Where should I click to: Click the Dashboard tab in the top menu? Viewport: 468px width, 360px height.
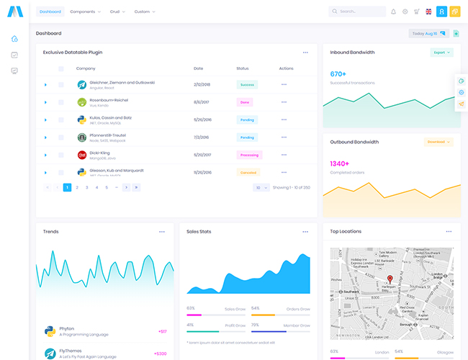point(50,12)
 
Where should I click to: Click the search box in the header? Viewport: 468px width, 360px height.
point(357,12)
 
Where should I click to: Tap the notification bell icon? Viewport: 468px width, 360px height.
point(393,12)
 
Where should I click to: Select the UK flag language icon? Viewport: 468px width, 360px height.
point(429,12)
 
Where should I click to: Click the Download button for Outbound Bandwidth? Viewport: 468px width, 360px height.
point(438,142)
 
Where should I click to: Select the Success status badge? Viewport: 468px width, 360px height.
point(247,84)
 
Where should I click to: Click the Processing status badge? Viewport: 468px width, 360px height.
point(249,155)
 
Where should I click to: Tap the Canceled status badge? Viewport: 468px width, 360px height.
point(248,172)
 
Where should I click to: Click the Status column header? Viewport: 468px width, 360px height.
point(242,68)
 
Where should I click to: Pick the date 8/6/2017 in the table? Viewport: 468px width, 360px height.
point(202,102)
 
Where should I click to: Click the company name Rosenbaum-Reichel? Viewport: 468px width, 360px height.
point(109,100)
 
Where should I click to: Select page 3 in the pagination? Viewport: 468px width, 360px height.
point(87,187)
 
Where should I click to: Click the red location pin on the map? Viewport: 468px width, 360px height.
point(390,279)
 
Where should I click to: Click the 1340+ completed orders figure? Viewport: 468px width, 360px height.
point(339,163)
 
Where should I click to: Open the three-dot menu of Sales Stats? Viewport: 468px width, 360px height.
point(306,232)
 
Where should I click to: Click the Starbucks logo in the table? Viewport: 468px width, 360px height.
point(82,137)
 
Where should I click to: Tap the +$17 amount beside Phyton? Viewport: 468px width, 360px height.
point(162,331)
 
